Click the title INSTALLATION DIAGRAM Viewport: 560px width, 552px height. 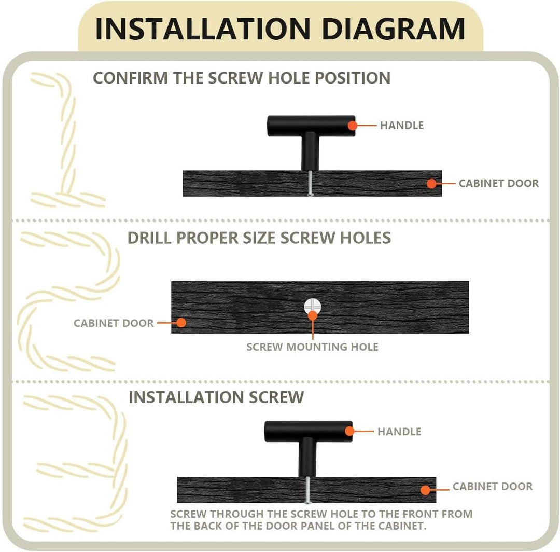281,29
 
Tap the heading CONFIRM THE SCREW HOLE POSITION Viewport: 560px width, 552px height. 242,78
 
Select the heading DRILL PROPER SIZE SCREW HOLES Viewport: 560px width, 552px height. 259,238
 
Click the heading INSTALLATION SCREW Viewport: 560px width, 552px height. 216,397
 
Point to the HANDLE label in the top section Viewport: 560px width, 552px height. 402,126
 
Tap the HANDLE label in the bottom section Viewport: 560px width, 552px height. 399,432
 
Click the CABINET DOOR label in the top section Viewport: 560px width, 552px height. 499,183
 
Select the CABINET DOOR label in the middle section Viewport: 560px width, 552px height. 114,323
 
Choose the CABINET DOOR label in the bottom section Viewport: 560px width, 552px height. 493,486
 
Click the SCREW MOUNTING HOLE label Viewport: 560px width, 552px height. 313,347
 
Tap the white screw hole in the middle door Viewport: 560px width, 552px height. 313,307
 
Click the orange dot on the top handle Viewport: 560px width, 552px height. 353,126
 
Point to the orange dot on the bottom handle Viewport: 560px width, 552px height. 349,431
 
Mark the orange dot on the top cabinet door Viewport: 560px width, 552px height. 431,184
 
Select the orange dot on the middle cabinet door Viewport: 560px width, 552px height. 181,323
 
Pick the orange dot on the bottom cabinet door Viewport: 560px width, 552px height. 425,490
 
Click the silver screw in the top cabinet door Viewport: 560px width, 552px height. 311,183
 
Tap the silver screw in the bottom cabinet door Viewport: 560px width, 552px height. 307,490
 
